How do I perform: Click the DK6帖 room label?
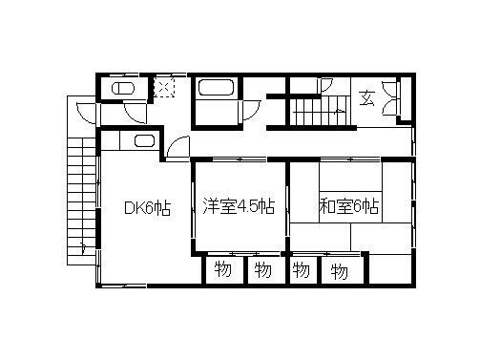148,208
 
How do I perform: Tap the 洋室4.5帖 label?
239,206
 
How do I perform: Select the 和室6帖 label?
349,206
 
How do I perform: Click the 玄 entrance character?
366,96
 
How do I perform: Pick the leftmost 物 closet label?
221,269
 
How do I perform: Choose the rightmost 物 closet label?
339,272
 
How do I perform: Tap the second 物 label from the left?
261,269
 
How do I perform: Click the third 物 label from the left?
302,269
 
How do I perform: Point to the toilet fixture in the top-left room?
124,89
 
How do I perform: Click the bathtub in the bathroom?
216,91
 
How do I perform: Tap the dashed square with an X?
165,87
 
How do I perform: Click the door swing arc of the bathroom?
251,108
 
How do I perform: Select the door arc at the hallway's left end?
177,149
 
